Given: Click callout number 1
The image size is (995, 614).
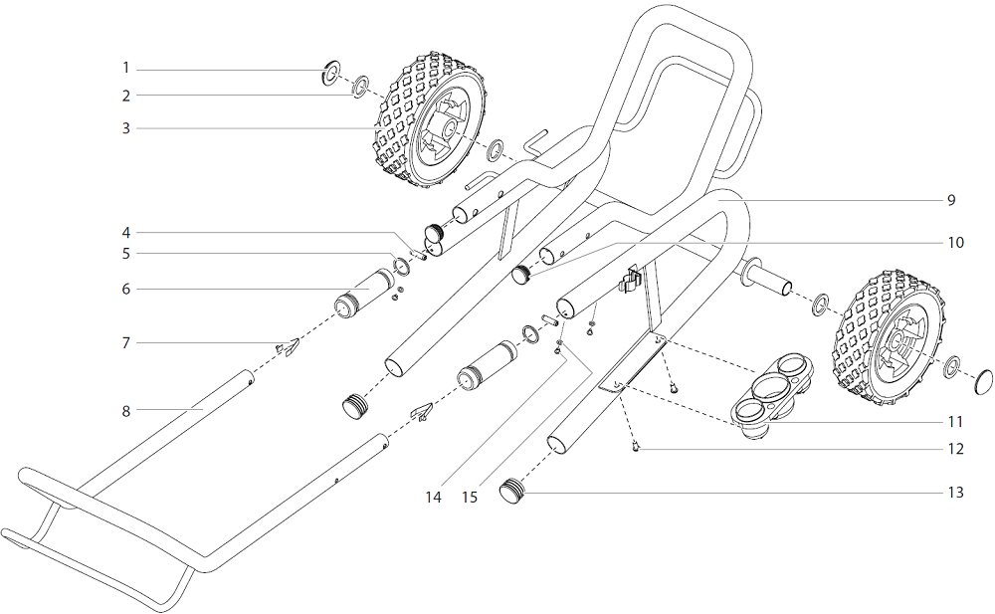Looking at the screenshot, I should coord(126,68).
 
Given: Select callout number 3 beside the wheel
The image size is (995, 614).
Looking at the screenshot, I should coord(126,127).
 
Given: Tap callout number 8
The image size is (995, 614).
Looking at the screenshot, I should coord(126,409).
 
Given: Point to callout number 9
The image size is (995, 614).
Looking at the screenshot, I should coord(951,200).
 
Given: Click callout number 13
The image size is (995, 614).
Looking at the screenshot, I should coord(955,492).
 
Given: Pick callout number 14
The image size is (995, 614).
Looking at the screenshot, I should coord(433,496).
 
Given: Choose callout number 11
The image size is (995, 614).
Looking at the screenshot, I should coord(955,421).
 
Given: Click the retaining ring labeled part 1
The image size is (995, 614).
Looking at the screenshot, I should coord(330,73).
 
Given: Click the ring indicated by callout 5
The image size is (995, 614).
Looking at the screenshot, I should coord(401,266).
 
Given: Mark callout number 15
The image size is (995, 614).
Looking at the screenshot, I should coord(470,496).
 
